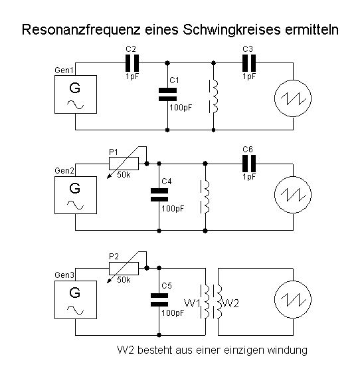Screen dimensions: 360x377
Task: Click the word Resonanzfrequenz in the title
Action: [x=81, y=31]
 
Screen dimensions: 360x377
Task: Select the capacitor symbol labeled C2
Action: [x=132, y=63]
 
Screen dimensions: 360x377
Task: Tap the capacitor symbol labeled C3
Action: [x=249, y=63]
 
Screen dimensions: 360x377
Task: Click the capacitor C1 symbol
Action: [x=167, y=94]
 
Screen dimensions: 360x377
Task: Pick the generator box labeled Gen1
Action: [x=76, y=94]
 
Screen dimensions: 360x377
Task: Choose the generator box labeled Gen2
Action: [x=76, y=195]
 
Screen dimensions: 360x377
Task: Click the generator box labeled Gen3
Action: [x=76, y=300]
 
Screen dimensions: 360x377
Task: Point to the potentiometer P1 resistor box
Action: [x=124, y=164]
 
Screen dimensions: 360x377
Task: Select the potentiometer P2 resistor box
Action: [x=124, y=269]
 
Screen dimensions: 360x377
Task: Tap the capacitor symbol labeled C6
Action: [x=249, y=164]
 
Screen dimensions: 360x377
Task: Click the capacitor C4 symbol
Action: [x=159, y=195]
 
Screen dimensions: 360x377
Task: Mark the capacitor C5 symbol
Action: [x=159, y=300]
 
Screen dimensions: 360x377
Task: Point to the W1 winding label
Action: [x=192, y=303]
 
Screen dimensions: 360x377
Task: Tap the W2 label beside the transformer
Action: [x=230, y=303]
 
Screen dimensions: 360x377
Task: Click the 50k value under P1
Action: [x=124, y=175]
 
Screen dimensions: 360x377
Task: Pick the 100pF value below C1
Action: [x=181, y=108]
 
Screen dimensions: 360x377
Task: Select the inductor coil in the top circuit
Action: [x=215, y=96]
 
